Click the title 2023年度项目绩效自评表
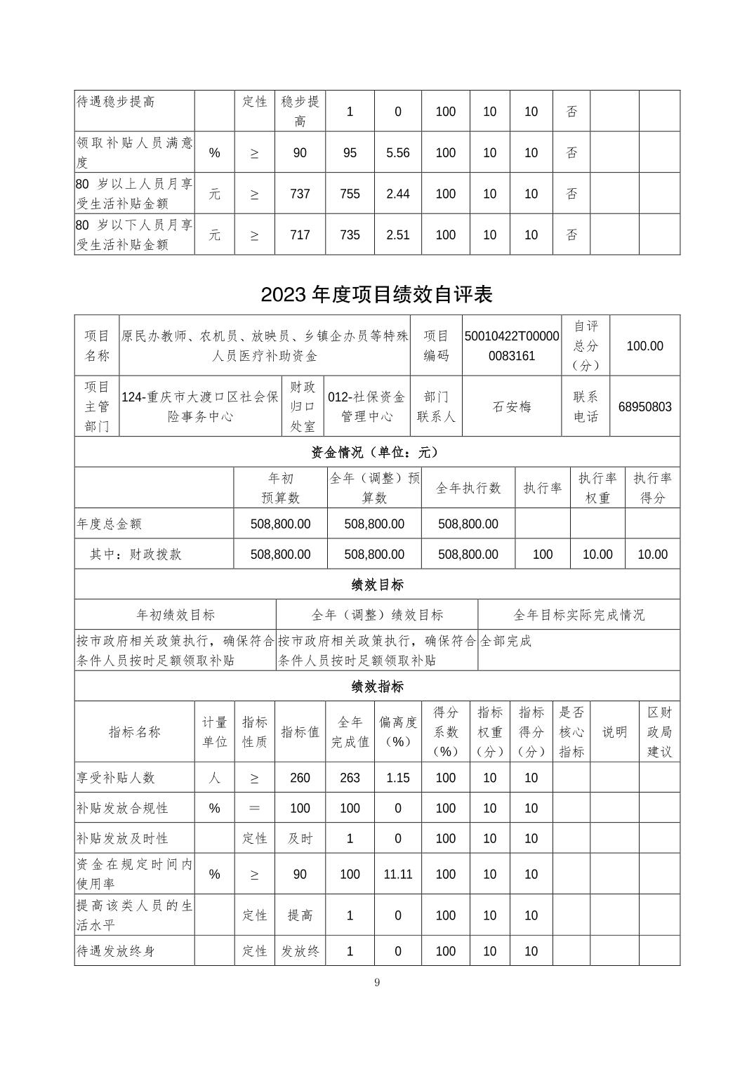point(376,293)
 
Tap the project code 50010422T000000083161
point(512,345)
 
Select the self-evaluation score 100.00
point(644,345)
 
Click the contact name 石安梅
point(512,406)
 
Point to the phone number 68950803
point(644,406)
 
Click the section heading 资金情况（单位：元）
point(377,452)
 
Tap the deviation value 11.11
point(398,874)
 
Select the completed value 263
point(350,778)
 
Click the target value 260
point(300,778)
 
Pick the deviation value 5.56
point(398,152)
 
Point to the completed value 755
point(350,194)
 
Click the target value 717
point(300,234)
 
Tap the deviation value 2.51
point(398,234)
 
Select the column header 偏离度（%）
point(398,731)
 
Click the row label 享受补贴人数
point(116,778)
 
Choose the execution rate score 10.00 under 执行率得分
point(652,554)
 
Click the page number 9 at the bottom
point(377,982)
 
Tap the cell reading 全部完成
point(505,641)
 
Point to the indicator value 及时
point(300,838)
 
